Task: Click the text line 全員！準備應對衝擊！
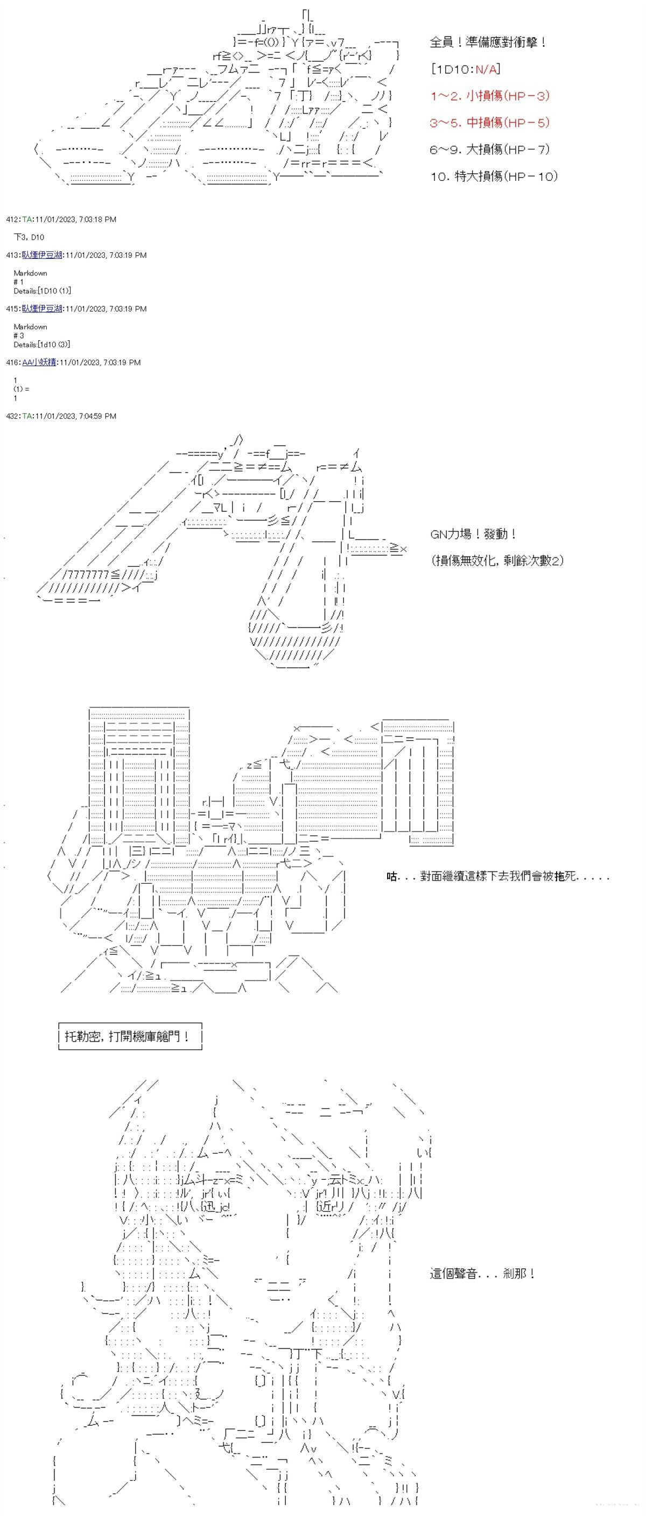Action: (488, 43)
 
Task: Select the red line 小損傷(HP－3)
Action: (490, 96)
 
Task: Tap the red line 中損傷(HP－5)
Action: (490, 123)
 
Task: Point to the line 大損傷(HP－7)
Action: (490, 149)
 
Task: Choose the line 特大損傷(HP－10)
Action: (493, 177)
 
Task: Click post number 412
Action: (12, 220)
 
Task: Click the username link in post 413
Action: (42, 256)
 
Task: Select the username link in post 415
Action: (42, 309)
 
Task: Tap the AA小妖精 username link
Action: (39, 363)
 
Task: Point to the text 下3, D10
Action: (29, 237)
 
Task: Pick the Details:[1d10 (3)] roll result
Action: (43, 344)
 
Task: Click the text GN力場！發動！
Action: (474, 534)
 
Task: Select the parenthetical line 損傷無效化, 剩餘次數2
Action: (497, 560)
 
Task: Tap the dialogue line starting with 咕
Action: (497, 877)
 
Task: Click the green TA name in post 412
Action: (27, 220)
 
